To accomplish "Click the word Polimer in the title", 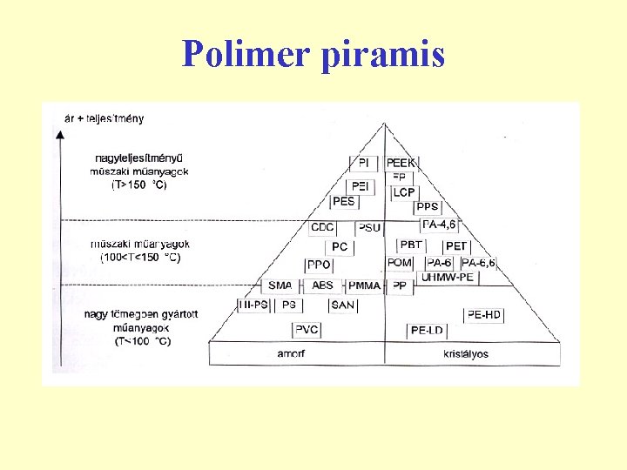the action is coord(246,54).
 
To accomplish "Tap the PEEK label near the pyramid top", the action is coord(401,163).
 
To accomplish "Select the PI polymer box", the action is coord(364,163).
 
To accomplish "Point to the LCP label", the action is coord(403,192).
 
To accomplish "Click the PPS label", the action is coord(428,207).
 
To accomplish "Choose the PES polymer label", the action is coord(343,201).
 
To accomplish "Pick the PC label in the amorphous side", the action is coord(340,247).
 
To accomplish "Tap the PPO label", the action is coord(319,265).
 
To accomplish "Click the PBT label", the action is coord(410,245).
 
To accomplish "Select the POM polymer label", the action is coord(400,263).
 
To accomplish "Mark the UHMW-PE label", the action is coord(448,278).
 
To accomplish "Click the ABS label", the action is coord(322,285).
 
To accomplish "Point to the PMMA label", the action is coord(363,285).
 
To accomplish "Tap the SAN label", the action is coord(342,305).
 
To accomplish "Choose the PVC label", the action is coord(307,329).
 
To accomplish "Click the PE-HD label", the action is coord(484,315).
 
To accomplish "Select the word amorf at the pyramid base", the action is coord(291,353).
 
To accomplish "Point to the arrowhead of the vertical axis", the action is coord(59,133).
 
